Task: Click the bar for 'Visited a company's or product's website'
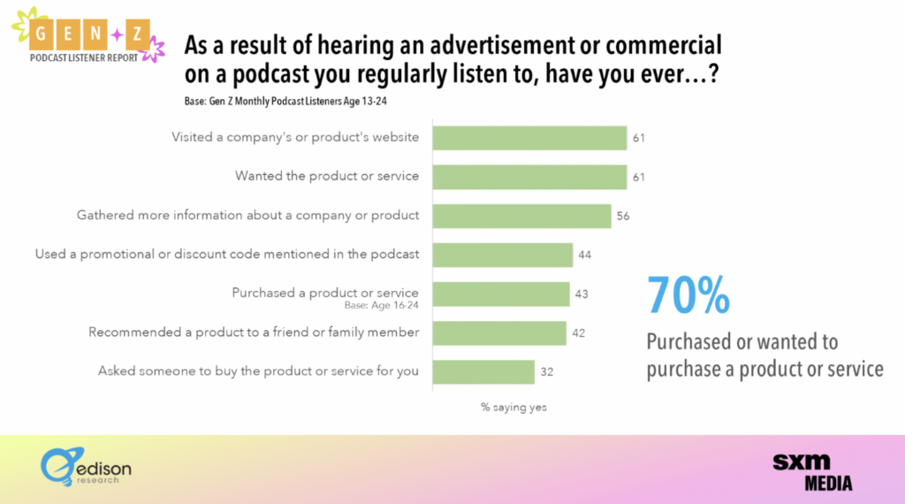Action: pos(529,138)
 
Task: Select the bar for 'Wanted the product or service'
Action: pos(529,177)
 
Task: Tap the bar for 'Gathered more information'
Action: pos(521,216)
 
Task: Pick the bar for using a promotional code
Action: pos(502,255)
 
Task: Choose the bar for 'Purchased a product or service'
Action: pos(500,294)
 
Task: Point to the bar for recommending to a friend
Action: pos(499,332)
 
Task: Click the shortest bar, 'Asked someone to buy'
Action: pos(483,371)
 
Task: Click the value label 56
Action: pos(623,216)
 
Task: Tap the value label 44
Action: pos(584,255)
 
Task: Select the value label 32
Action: pos(546,371)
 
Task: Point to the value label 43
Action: pos(582,294)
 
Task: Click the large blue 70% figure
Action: pos(689,295)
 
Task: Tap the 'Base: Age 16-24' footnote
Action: pos(381,305)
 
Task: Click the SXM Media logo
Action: pos(812,471)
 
